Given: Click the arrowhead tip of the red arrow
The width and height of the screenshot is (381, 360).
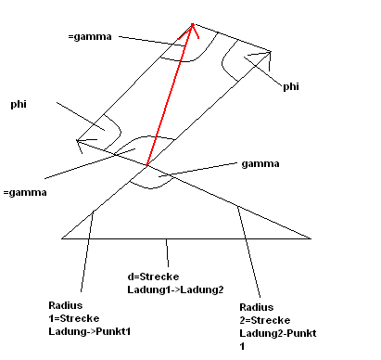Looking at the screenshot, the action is (x=192, y=24).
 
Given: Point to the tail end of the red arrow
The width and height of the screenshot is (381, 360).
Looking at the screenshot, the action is (x=146, y=166).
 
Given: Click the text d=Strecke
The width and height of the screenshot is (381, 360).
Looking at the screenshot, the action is (x=153, y=276).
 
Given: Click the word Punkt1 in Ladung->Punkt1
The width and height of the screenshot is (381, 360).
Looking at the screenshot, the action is (x=113, y=331).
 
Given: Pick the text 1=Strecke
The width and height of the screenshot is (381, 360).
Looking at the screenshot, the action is (x=74, y=318).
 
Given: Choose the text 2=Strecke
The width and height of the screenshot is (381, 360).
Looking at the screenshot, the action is (x=265, y=320).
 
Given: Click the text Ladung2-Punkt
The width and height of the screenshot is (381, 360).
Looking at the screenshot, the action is (x=278, y=333).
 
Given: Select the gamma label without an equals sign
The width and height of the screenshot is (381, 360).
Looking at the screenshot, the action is (x=260, y=164).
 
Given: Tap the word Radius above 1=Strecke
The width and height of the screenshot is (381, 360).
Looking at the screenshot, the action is (x=66, y=305).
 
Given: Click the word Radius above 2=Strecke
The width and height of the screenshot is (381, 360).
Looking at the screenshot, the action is (x=257, y=307).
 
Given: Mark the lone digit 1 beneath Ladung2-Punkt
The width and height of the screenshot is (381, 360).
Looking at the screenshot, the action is (x=242, y=346).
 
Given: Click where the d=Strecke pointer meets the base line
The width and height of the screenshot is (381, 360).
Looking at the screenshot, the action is (x=166, y=238).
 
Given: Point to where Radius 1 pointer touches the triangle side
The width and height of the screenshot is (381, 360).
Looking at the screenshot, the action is (x=94, y=211).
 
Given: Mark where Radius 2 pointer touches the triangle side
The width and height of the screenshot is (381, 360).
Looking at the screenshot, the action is (x=237, y=205).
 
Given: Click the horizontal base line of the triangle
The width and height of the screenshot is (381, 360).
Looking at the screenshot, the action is (x=186, y=238).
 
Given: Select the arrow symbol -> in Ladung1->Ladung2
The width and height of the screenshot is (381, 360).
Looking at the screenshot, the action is (x=176, y=290).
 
